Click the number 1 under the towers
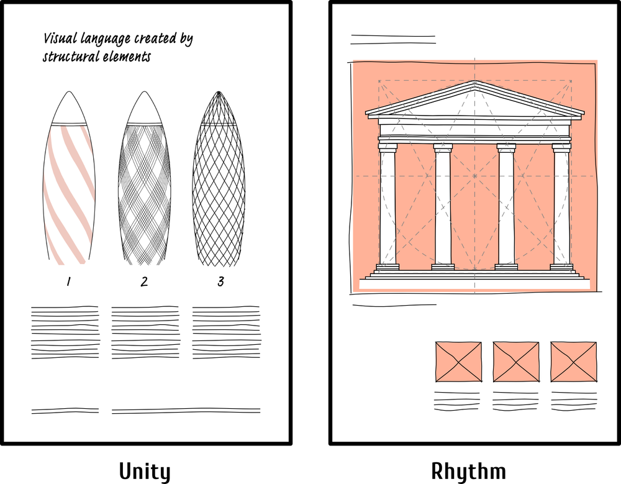tap(68, 282)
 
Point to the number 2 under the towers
tap(144, 282)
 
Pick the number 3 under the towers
tap(220, 282)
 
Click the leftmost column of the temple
tap(388, 205)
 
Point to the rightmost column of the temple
tap(561, 205)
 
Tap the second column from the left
tap(443, 205)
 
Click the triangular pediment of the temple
tap(474, 101)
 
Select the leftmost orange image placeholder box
tap(458, 362)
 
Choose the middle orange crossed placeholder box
tap(516, 362)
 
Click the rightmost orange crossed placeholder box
tap(573, 362)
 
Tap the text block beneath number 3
tap(226, 332)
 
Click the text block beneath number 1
tap(65, 332)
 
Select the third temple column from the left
tap(506, 205)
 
